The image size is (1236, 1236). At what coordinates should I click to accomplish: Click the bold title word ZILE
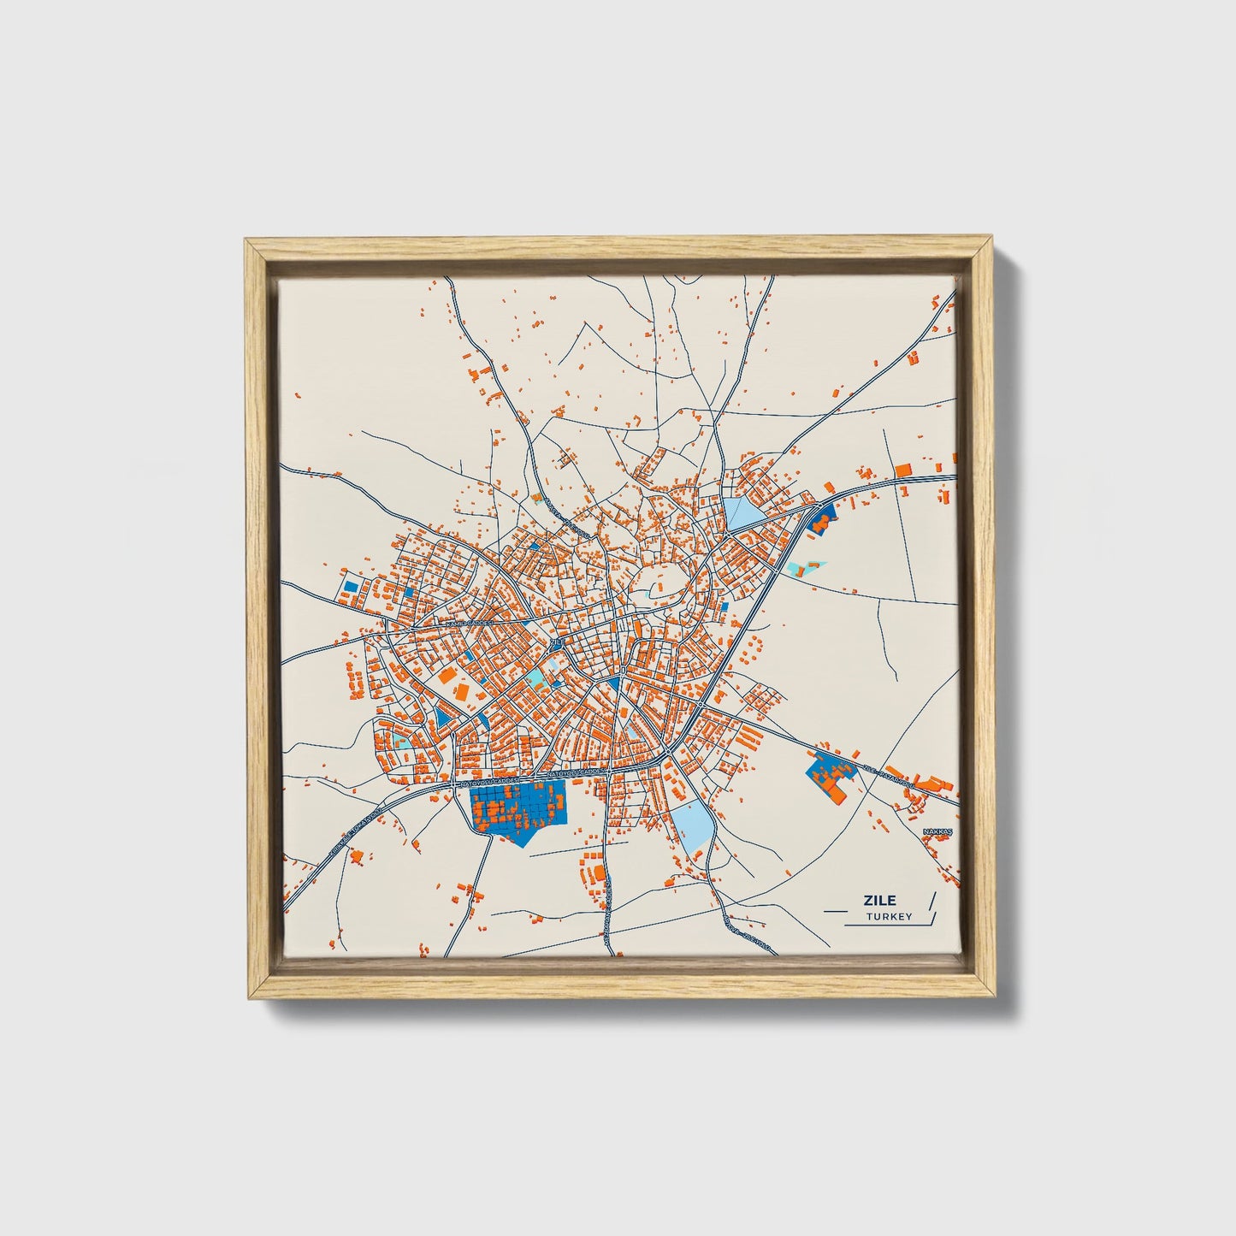point(880,900)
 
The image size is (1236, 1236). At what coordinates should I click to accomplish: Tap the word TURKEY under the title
point(889,917)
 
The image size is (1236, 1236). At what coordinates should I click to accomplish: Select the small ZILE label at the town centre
point(557,642)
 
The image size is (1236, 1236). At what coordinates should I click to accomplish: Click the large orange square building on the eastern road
point(903,469)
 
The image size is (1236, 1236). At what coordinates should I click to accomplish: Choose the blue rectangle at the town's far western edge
point(349,587)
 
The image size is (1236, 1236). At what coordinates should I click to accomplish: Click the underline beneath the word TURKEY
point(885,925)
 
